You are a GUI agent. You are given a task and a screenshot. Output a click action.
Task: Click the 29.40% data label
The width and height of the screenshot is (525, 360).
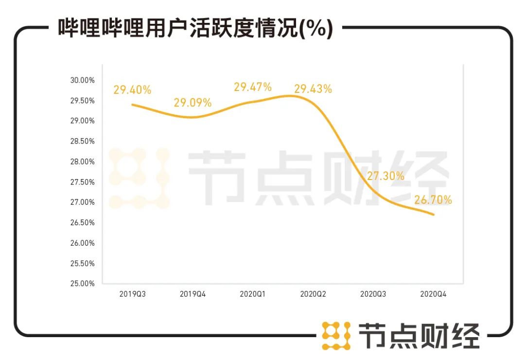click(x=132, y=90)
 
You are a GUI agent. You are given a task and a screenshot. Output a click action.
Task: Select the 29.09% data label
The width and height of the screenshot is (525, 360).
click(x=192, y=103)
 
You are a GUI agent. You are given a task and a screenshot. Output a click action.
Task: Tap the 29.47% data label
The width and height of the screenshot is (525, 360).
click(x=253, y=87)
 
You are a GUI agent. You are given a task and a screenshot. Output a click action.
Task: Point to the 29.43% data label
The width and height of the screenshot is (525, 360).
click(x=313, y=89)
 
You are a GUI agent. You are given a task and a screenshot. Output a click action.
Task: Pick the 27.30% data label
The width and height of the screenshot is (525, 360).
click(x=385, y=176)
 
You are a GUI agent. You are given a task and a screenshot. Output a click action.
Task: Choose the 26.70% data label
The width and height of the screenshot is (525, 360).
click(x=433, y=200)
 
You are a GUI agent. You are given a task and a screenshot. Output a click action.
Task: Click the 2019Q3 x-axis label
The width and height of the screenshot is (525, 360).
click(x=132, y=294)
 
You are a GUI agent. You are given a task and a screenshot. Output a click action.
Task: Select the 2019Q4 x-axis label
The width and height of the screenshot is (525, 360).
click(x=192, y=294)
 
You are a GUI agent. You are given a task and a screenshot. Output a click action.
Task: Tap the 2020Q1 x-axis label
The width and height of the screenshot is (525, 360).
click(x=253, y=294)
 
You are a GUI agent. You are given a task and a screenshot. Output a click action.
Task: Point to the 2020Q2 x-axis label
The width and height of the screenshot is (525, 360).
click(x=313, y=294)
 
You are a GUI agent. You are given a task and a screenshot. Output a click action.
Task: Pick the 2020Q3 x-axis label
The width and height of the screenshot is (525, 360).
click(x=373, y=294)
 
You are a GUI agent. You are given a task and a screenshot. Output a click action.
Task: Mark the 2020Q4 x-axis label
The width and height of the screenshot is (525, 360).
click(x=433, y=294)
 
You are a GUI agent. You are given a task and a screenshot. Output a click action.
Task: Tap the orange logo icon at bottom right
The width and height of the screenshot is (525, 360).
click(x=336, y=336)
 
